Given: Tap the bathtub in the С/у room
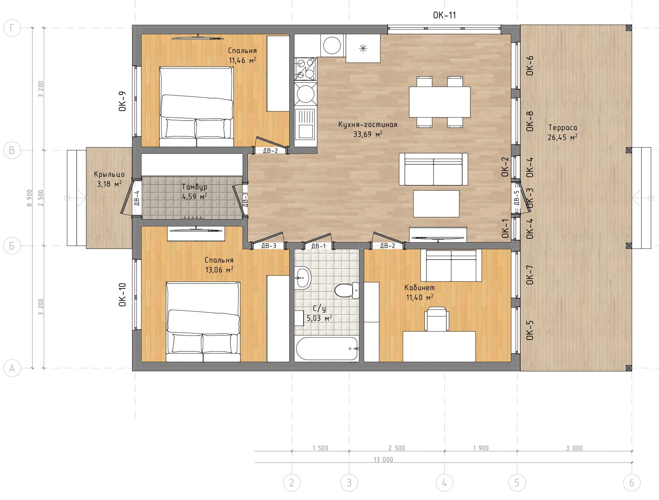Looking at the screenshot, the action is coord(327,348).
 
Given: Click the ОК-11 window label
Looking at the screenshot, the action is coord(444,15).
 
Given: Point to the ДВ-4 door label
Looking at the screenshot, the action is coord(136,198).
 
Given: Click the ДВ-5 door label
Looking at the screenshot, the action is coord(516,198).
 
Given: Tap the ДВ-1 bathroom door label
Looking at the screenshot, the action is coord(318,246).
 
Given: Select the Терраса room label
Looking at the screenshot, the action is coord(563,128).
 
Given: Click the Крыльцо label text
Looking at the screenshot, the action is coord(109,174).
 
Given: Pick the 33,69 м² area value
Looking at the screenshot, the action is coord(368,134).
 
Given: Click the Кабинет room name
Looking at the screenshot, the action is coord(420,287).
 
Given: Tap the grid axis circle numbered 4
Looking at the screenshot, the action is coord(444,483).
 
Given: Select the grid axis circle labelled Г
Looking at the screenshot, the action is coord(12,28).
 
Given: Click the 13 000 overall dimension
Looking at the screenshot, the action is coord(383,459).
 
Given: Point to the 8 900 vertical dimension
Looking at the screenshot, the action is coord(30,198).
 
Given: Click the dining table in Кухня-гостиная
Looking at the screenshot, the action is coord(439,102).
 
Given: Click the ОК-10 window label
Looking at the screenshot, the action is coord(123,295).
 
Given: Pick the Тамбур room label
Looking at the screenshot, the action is coord(194,187).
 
